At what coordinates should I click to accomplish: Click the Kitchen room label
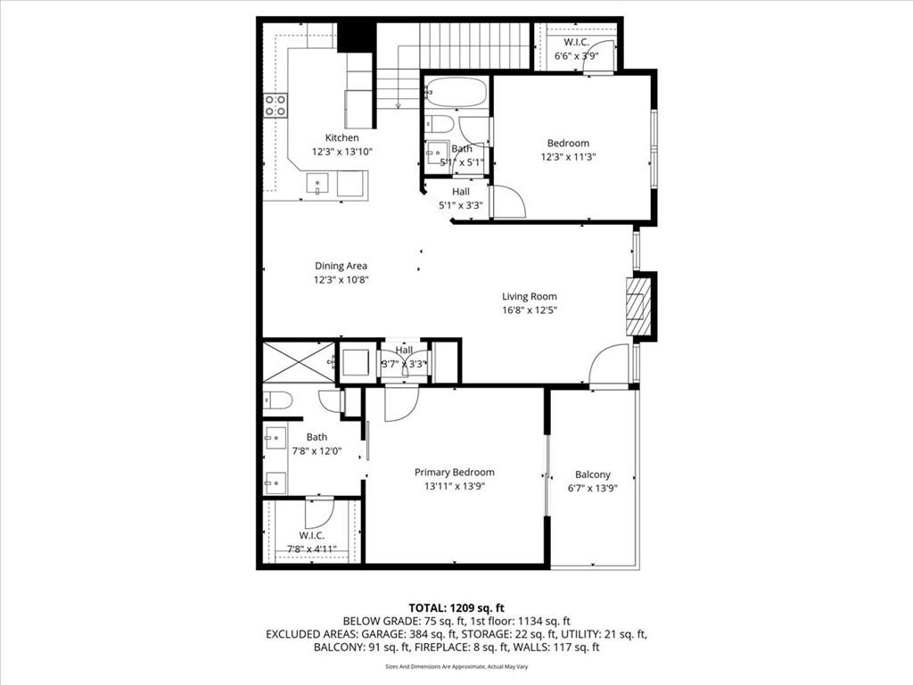point(341,138)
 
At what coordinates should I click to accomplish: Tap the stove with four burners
point(275,105)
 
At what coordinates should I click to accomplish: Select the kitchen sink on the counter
point(317,184)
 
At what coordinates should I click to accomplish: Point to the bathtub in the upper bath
point(456,92)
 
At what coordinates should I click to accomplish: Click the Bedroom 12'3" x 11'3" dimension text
point(568,157)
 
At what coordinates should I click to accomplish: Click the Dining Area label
point(341,266)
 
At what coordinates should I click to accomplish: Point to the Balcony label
point(593,475)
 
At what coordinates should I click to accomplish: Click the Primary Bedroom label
point(454,473)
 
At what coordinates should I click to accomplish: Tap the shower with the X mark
point(297,361)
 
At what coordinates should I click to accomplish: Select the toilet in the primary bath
point(277,400)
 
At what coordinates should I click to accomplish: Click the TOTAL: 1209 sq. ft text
point(456,607)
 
